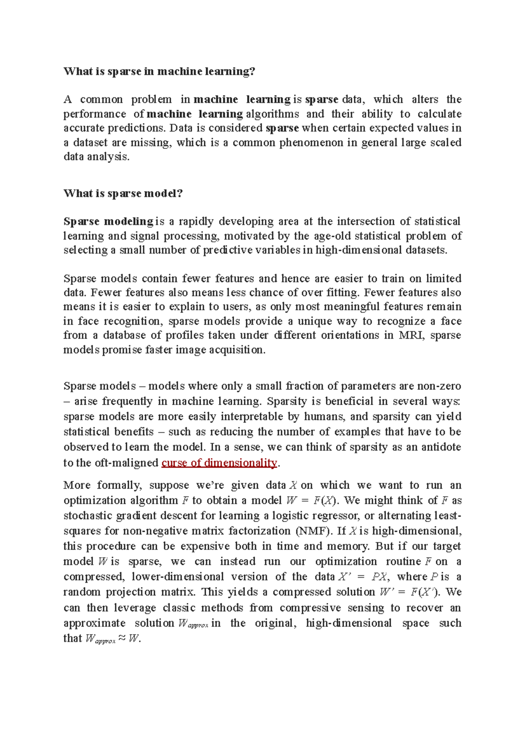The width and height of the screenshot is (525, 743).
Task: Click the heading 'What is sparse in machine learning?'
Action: coord(159,71)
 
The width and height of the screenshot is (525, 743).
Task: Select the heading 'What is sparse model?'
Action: coord(123,193)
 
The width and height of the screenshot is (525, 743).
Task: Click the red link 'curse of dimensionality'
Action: coord(219,463)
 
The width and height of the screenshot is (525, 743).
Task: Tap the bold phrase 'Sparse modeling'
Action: coord(108,221)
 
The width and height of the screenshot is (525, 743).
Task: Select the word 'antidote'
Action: coord(441,447)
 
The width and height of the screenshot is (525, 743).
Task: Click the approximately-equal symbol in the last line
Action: coord(122,638)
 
